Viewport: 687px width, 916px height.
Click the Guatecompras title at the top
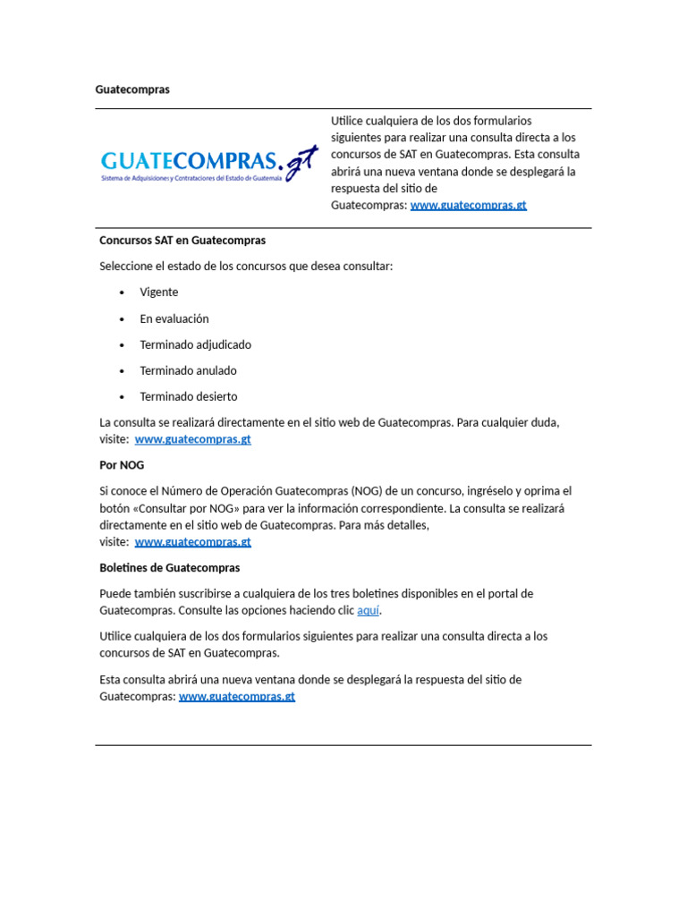(132, 89)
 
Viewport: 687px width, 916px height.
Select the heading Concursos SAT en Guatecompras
(182, 241)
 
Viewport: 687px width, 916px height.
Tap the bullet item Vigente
(158, 293)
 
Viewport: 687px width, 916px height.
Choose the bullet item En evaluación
(174, 318)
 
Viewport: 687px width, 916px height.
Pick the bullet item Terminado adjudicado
(195, 344)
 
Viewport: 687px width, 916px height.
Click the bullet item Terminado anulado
(188, 370)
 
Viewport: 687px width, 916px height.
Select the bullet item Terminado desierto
(188, 396)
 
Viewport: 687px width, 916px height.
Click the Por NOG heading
(122, 465)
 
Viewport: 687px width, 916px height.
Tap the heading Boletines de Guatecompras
(170, 568)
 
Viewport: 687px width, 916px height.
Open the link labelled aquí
(369, 611)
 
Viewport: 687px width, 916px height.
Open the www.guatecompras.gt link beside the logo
(468, 205)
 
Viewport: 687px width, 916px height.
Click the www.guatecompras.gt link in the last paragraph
(236, 697)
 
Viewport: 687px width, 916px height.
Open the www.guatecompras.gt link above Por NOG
(192, 439)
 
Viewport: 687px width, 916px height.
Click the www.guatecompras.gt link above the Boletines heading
(192, 542)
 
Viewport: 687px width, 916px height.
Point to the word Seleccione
(127, 267)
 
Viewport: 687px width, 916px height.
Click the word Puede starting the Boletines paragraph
(114, 594)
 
